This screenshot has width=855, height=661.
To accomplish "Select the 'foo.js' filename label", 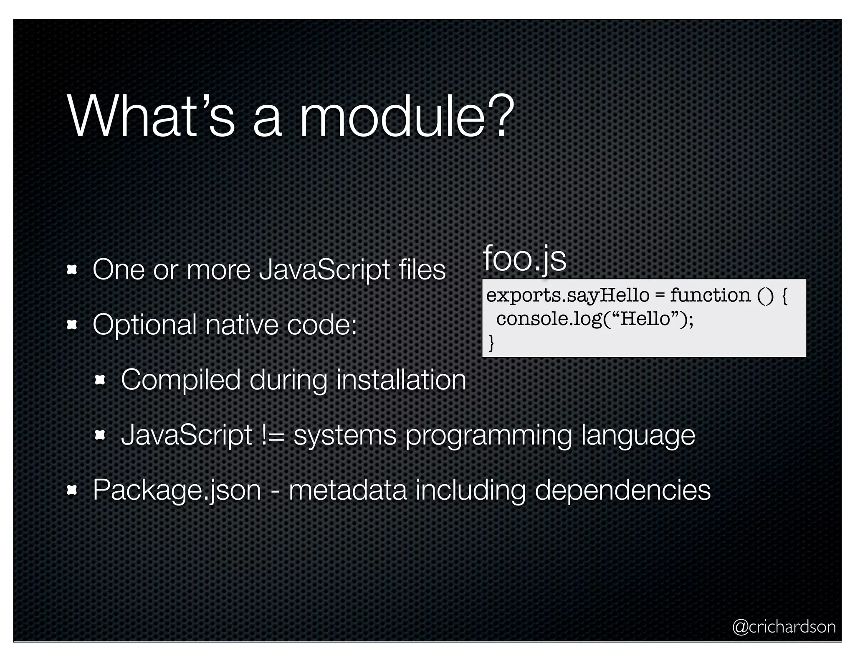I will tap(524, 259).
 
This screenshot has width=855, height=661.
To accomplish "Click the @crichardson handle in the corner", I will tap(784, 627).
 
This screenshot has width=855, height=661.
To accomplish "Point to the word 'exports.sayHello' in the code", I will tap(568, 296).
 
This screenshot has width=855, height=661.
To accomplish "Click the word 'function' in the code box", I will tap(710, 296).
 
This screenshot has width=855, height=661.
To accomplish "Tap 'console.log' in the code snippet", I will tap(548, 319).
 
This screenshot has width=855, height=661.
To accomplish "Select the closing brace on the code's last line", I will tap(491, 343).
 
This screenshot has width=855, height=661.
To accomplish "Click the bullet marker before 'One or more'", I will tap(72, 270).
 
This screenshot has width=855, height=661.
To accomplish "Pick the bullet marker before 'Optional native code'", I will tap(72, 325).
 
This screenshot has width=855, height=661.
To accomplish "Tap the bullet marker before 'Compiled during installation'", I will tap(100, 380).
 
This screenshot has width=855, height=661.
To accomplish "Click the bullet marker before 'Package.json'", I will tap(72, 490).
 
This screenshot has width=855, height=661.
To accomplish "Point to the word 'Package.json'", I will tap(177, 490).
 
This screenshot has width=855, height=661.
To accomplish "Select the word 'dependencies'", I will tap(622, 490).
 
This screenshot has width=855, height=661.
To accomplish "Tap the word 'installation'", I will tap(401, 380).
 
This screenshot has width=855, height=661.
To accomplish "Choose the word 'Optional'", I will tap(144, 325).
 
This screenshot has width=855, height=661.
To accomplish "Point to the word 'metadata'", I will tap(347, 490).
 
